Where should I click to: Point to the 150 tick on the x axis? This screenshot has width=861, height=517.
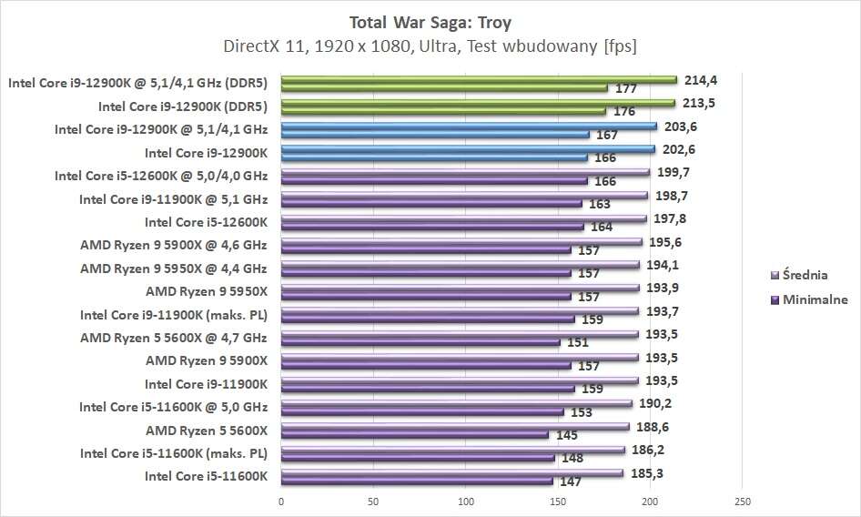[557, 502]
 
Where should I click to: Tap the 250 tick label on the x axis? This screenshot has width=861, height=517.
[741, 502]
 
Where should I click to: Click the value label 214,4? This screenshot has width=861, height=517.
[696, 79]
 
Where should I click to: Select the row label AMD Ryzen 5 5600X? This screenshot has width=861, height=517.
[207, 430]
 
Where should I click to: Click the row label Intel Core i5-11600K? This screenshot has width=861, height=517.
[206, 476]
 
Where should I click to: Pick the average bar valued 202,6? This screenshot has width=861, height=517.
[468, 149]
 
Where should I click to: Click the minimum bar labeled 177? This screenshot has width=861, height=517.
[444, 88]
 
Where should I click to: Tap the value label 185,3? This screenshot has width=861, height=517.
[643, 472]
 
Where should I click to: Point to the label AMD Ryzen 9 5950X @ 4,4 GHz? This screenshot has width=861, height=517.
[173, 269]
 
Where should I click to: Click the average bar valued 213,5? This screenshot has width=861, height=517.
[478, 103]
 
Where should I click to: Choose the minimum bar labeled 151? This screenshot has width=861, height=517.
[420, 342]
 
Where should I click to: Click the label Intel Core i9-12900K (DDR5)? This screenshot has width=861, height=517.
[183, 106]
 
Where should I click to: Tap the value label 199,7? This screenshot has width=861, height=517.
[669, 172]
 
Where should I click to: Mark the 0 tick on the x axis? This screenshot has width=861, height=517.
[281, 502]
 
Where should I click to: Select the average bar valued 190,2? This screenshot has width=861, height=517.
[456, 403]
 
